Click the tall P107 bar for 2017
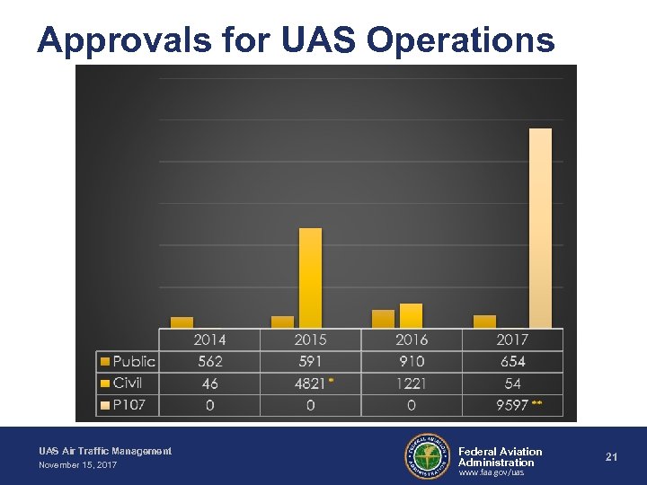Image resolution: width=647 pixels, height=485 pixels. tap(540, 228)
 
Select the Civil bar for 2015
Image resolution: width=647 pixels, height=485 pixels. tap(310, 278)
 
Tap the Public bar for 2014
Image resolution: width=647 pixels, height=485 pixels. tap(182, 322)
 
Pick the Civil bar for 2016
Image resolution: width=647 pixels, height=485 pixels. tap(411, 315)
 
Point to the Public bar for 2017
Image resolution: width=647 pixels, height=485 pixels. tap(484, 321)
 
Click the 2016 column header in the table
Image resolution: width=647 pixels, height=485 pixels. tap(411, 339)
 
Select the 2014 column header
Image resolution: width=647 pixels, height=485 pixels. tap(209, 339)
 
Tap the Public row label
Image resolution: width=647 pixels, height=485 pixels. tap(133, 361)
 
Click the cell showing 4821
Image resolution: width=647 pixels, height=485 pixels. tap(310, 384)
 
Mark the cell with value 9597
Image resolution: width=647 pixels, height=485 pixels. tap(511, 405)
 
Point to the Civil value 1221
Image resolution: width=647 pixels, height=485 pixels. tap(411, 384)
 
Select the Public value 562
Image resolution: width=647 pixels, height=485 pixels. tap(209, 361)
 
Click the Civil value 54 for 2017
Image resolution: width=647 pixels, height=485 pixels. tap(511, 384)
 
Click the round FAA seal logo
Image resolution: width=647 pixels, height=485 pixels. tap(428, 456)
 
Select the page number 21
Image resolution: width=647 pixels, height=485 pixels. tap(611, 457)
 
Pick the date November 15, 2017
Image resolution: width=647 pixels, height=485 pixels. tap(77, 465)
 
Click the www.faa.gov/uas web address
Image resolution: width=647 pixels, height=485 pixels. tap(491, 472)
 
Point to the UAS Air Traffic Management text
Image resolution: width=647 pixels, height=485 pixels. tap(105, 451)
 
